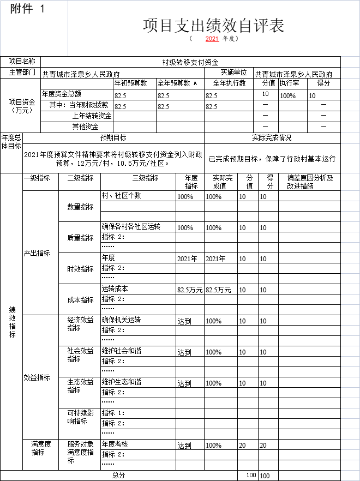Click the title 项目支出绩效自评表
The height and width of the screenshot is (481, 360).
pos(213,26)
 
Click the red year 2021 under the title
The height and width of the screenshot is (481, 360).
pos(212,39)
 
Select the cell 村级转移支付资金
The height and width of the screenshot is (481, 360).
pos(190,62)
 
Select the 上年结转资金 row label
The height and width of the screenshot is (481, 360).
pos(92,116)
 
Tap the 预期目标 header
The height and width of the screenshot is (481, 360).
pos(113,137)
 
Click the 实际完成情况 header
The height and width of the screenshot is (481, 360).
pos(272,137)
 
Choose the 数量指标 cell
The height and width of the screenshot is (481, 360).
pos(80,207)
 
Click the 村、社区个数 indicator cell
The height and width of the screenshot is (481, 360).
pos(122,196)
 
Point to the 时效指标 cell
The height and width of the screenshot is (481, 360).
pos(80,269)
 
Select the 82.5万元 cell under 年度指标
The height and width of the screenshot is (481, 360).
pos(190,290)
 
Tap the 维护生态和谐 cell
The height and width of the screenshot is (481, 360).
pos(122,382)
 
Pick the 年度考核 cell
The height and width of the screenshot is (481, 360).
pos(115,444)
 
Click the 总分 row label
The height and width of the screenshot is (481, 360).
pos(118,475)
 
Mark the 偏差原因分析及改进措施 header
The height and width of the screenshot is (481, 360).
pos(309,182)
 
